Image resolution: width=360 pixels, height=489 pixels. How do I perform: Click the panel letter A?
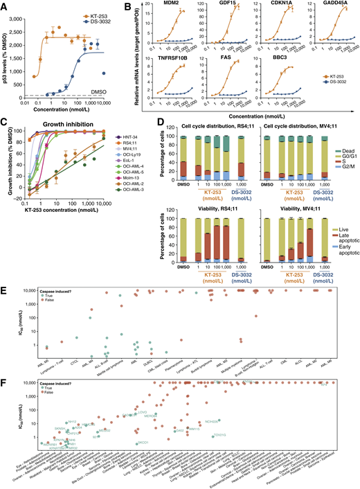[5, 6]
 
